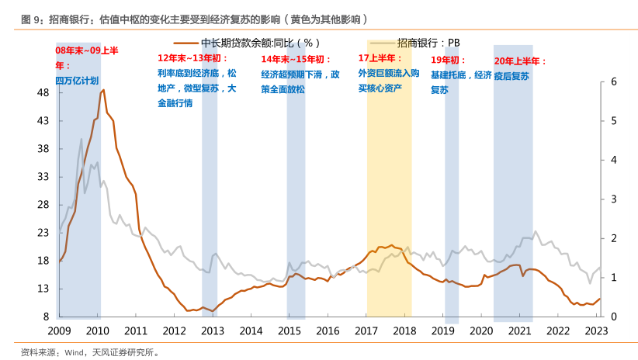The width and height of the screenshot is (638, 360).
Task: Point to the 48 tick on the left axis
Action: click(43, 93)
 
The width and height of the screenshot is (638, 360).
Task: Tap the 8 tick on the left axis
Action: click(47, 317)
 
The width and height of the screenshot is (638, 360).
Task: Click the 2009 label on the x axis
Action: click(59, 331)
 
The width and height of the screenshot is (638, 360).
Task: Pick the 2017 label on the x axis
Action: click(366, 331)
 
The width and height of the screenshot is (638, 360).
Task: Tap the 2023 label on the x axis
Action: click(597, 331)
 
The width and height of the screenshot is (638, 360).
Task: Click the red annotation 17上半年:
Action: click(380, 58)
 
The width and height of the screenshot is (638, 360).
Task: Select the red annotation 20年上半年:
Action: click(520, 61)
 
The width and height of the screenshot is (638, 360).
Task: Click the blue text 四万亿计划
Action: click(76, 81)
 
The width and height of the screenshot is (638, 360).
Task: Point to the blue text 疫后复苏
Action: click(511, 76)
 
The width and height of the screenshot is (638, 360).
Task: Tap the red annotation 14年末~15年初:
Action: click(296, 59)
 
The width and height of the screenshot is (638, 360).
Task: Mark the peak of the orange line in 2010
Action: click(103, 90)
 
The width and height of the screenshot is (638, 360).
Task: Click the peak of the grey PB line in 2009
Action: click(81, 139)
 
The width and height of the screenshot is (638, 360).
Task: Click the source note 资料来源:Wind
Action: click(90, 351)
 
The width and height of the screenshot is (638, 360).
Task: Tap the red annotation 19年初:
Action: click(449, 60)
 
